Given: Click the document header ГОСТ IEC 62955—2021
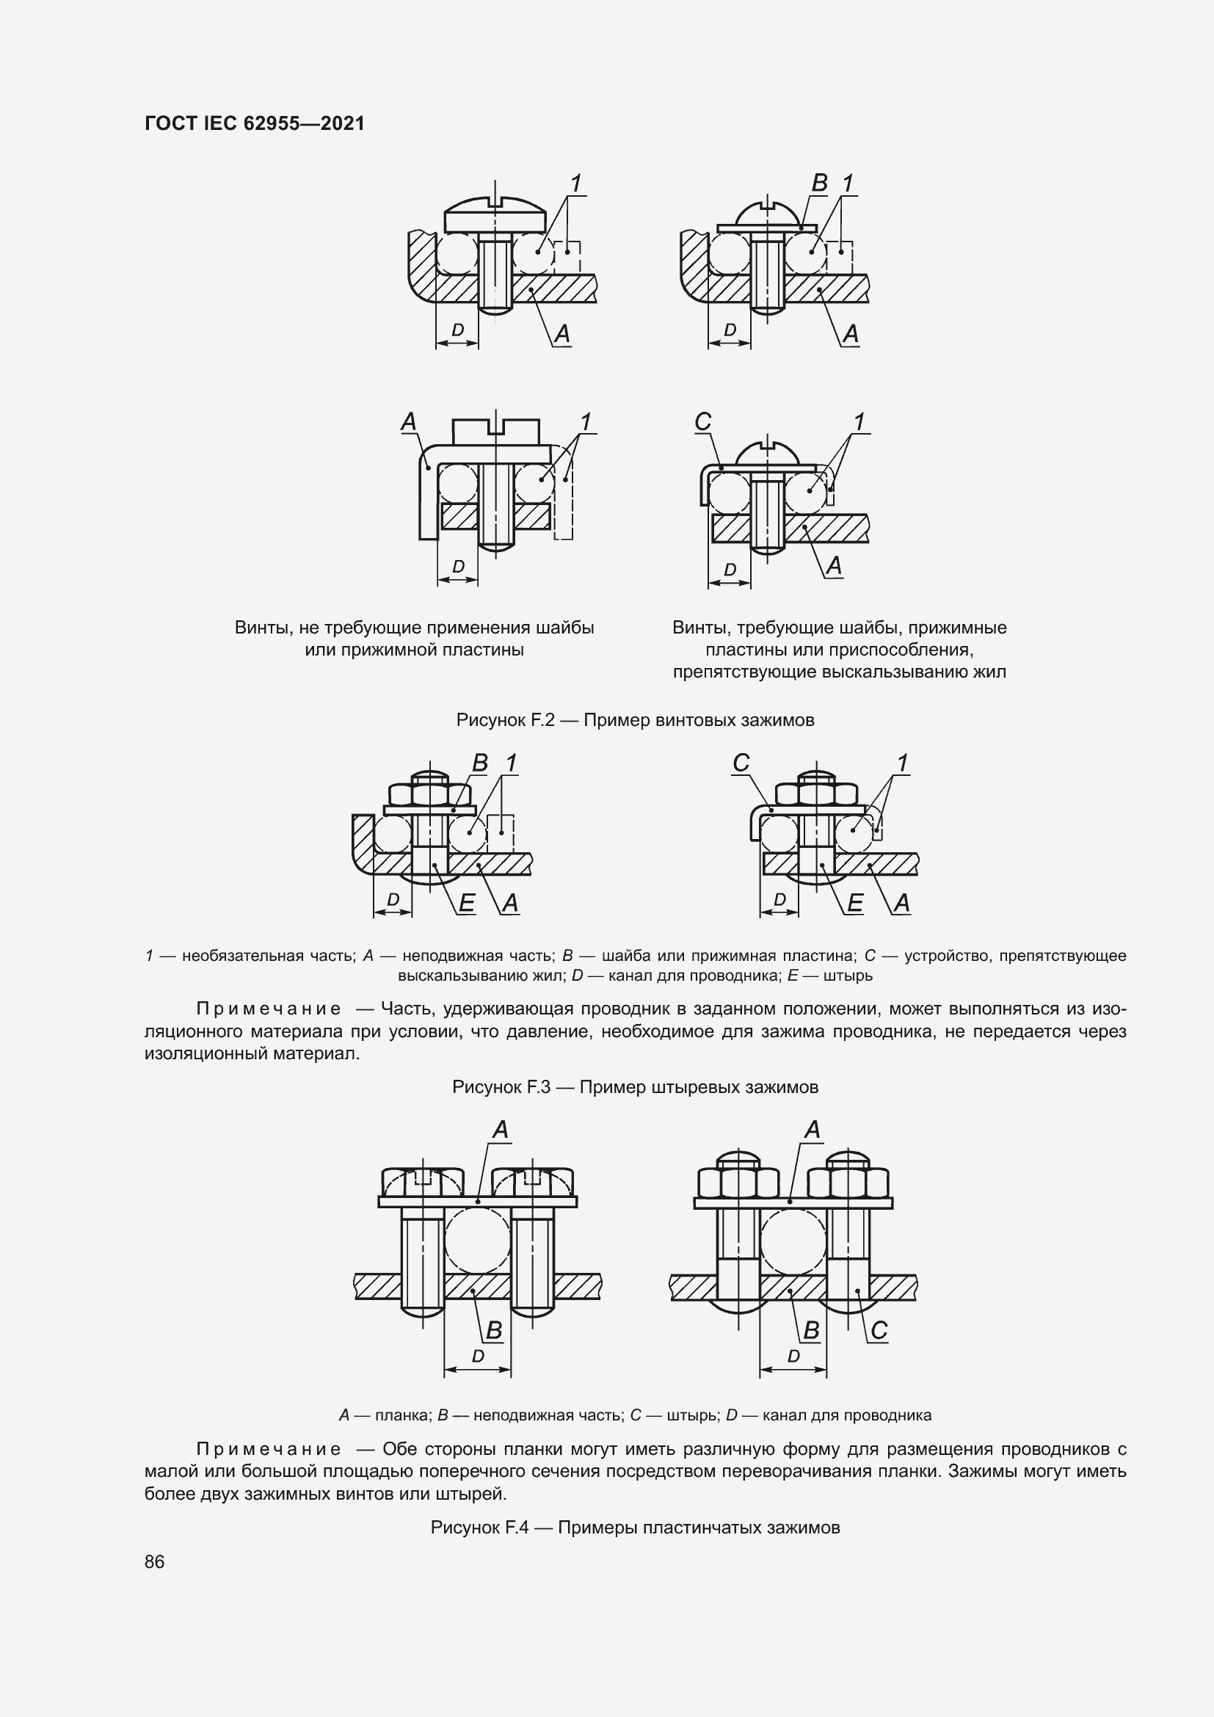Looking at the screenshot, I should [x=254, y=123].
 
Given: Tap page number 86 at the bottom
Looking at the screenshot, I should [x=155, y=1561].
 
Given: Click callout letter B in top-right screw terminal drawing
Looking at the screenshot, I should [x=819, y=184].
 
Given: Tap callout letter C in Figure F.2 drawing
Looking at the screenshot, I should [x=702, y=423].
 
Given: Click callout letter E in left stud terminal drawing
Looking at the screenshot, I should [x=466, y=904].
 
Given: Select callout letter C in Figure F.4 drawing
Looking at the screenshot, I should [x=879, y=1330].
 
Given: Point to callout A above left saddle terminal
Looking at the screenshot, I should [x=500, y=1130].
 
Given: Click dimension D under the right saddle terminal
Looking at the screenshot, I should [x=793, y=1356].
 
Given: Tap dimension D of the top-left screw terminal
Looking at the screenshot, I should [x=457, y=330].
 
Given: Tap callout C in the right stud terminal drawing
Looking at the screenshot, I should [x=741, y=763].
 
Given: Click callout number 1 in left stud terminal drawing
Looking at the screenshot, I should [x=512, y=763].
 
